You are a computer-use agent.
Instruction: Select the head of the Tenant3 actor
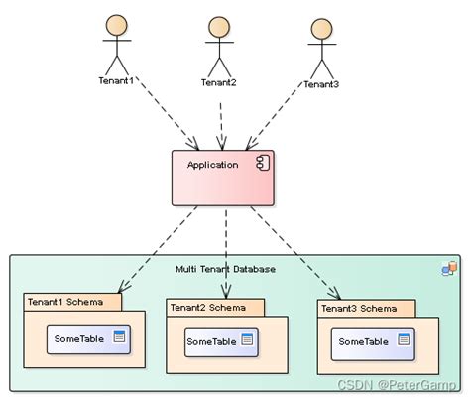[320, 28]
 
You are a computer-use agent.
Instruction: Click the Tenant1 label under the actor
[116, 79]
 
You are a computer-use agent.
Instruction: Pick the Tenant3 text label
[321, 84]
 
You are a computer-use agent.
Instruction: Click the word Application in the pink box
[213, 165]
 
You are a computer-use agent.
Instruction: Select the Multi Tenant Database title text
[226, 269]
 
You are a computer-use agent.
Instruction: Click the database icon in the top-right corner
[449, 268]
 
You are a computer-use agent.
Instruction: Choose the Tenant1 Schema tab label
[71, 301]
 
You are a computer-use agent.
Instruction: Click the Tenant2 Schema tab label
[212, 307]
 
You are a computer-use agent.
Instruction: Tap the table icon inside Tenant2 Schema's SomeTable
[247, 340]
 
